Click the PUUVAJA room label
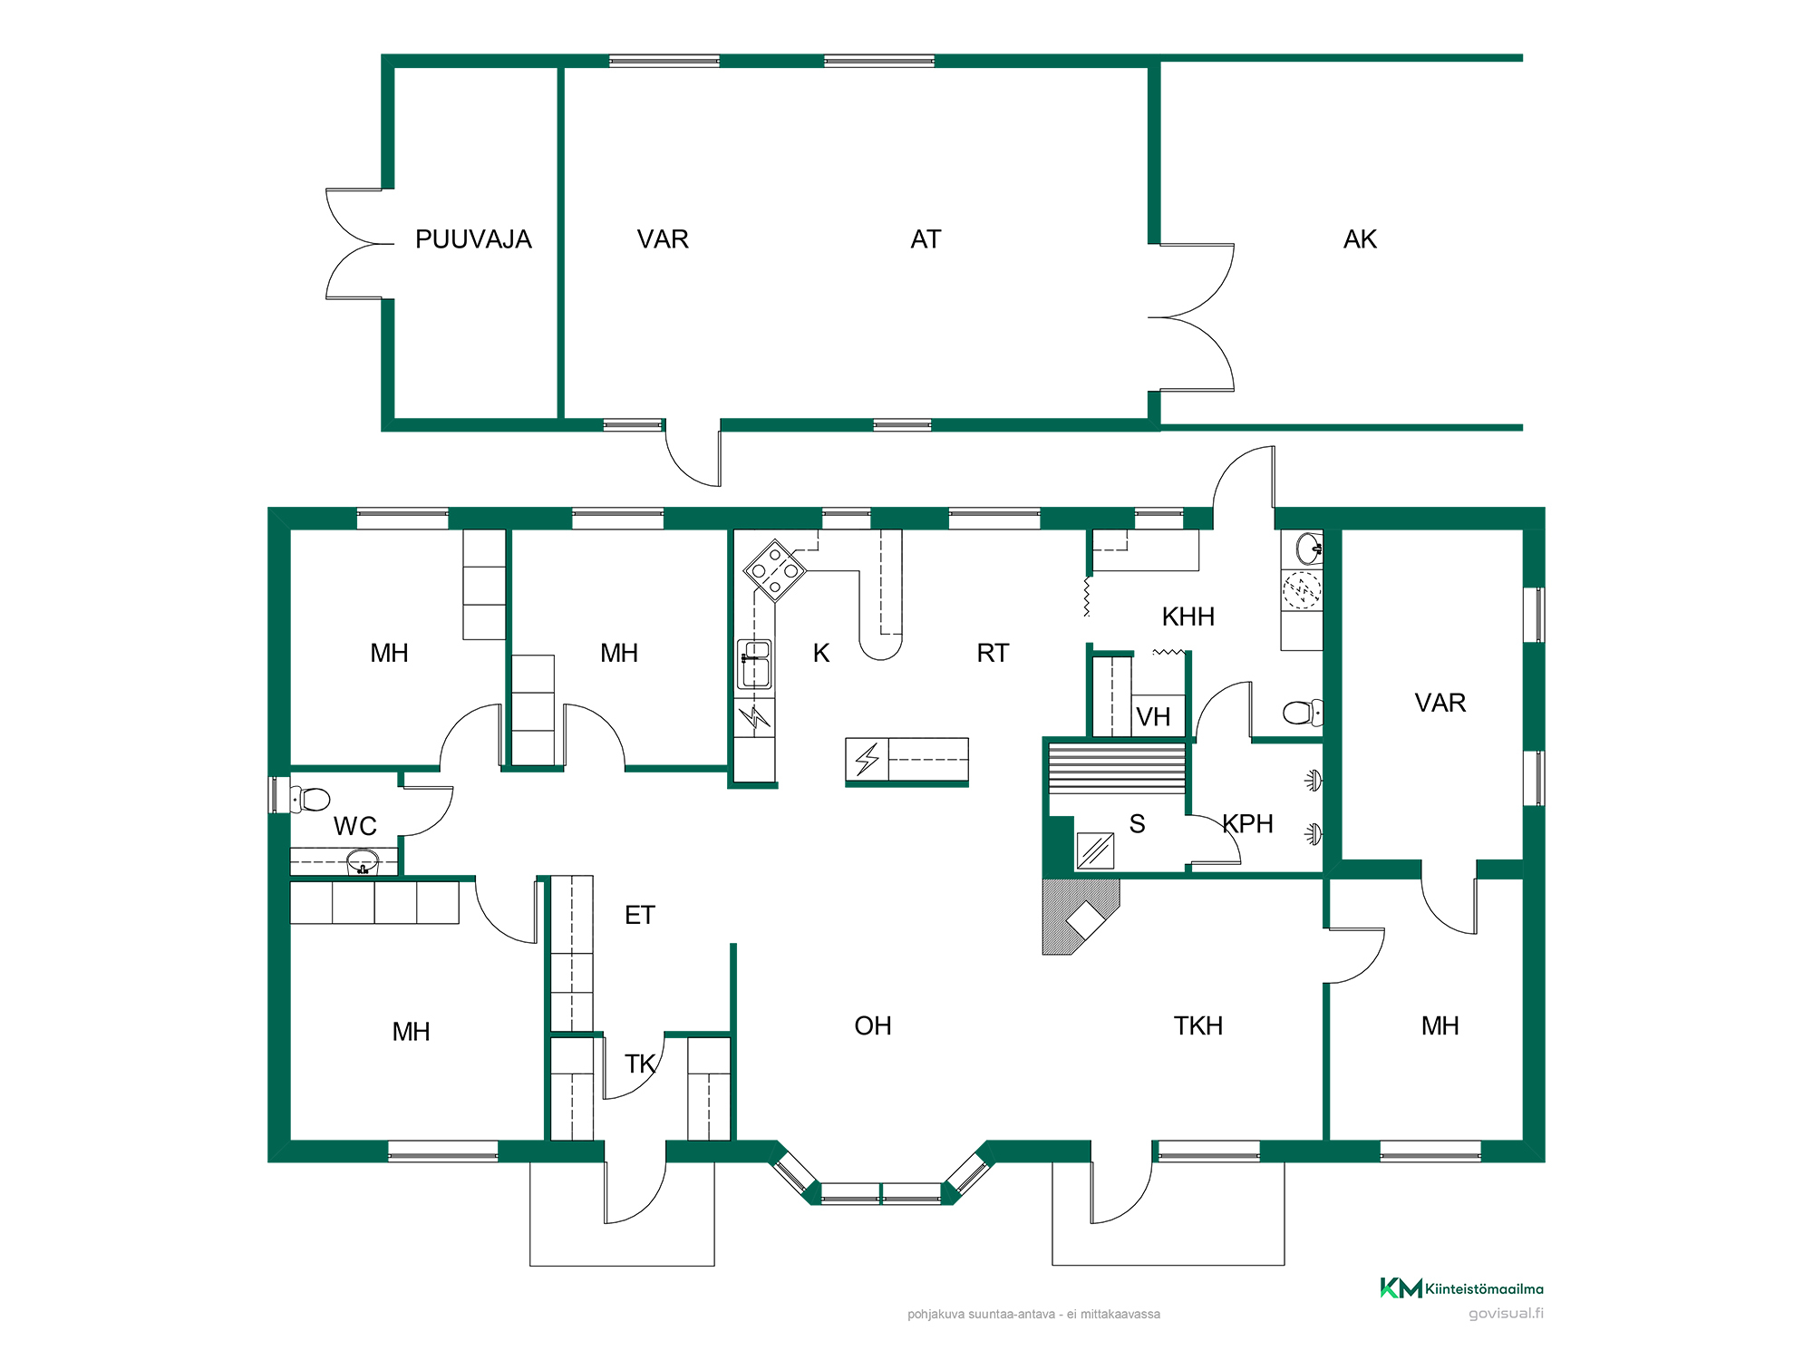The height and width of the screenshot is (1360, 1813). click(x=473, y=239)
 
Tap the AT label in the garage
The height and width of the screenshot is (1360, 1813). click(x=926, y=239)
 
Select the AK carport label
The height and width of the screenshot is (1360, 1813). click(x=1360, y=239)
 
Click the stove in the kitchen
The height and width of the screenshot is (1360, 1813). click(x=775, y=570)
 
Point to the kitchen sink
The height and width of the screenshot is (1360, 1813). click(x=755, y=665)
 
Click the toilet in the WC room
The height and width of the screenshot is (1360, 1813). click(x=310, y=799)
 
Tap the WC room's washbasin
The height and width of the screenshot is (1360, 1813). click(x=363, y=861)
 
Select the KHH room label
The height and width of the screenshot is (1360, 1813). click(x=1188, y=617)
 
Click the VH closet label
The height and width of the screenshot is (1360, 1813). click(x=1153, y=717)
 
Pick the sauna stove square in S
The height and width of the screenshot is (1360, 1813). click(x=1095, y=850)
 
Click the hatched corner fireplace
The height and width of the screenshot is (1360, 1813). click(x=1081, y=917)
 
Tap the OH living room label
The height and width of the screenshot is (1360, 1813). click(x=873, y=1025)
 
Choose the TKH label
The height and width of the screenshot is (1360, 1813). click(x=1198, y=1025)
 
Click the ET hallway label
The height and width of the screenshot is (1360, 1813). click(x=639, y=915)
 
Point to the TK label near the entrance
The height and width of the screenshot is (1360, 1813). click(x=639, y=1064)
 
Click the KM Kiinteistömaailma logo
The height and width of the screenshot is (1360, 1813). click(x=1461, y=1288)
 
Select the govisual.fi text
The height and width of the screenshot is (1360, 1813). click(x=1506, y=1313)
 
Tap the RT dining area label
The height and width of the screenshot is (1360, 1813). click(x=993, y=653)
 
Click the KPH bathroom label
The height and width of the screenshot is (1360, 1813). click(x=1247, y=823)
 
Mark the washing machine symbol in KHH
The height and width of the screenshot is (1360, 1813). click(x=1302, y=590)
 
